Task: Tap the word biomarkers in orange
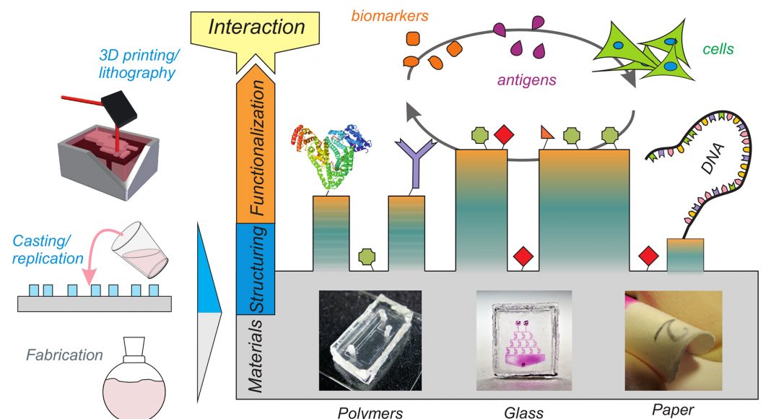click(389, 14)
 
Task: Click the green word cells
click(718, 50)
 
